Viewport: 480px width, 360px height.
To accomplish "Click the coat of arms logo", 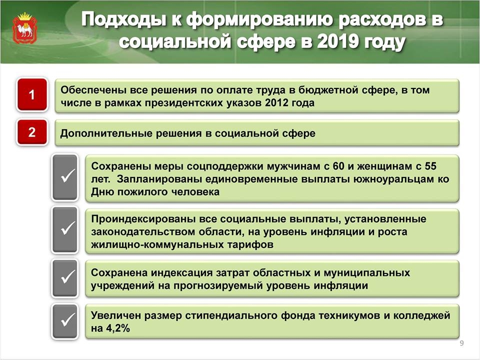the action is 24,28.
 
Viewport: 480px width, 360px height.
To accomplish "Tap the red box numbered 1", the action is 32,94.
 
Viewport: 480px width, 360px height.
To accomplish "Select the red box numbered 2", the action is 32,132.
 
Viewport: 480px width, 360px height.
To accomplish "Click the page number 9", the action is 462,343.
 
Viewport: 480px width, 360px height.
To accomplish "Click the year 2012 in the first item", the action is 276,103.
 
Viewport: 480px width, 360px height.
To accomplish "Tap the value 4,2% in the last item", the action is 118,328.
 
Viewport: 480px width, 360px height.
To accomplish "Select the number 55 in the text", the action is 430,166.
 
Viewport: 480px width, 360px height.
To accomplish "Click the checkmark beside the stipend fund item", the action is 65,321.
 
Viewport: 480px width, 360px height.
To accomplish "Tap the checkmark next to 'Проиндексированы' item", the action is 65,230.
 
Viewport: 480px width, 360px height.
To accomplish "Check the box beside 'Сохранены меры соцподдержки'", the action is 65,177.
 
